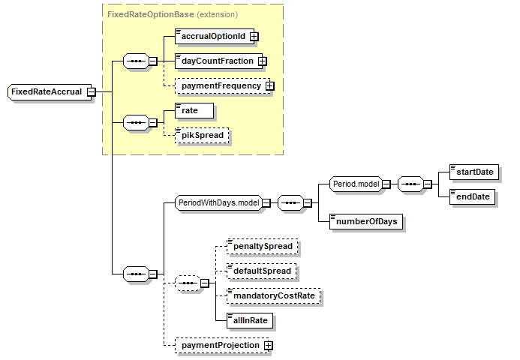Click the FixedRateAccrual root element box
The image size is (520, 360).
pos(46,91)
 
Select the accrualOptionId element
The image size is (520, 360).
pos(212,35)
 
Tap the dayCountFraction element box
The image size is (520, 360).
pos(216,61)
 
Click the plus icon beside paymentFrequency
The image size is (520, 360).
pos(269,86)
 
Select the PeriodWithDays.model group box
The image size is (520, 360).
pos(217,202)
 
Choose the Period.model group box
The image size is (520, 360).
pos(356,184)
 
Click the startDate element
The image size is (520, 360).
pos(473,172)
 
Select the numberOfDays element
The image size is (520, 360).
pos(366,221)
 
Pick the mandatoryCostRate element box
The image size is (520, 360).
pos(272,296)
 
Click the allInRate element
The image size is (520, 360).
pos(250,320)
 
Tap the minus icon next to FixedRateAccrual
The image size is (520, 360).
pos(91,92)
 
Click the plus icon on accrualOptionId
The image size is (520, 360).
pos(254,35)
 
